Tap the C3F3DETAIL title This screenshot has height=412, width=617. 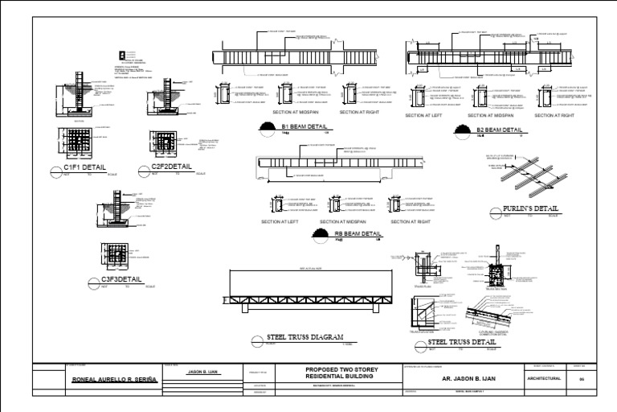coord(121,280)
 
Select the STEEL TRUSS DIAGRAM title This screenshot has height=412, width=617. coord(304,337)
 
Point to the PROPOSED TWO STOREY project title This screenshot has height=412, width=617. coord(342,369)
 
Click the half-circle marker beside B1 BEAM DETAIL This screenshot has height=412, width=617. coord(265,127)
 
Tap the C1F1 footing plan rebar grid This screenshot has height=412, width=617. coord(79,143)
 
